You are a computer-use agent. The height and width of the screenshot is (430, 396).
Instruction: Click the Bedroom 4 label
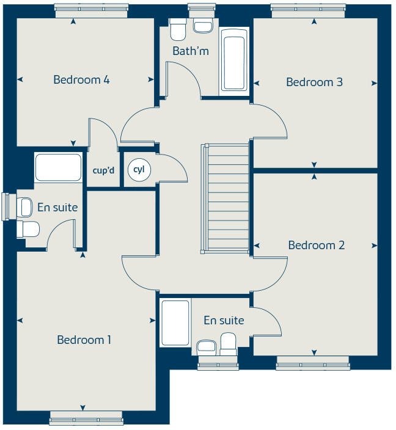(81, 79)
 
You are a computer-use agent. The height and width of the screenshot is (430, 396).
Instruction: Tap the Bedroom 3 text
(314, 82)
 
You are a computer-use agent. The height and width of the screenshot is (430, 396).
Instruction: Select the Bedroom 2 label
(316, 245)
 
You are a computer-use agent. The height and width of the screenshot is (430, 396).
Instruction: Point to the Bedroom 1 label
(84, 340)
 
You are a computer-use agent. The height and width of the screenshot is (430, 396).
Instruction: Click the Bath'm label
(190, 51)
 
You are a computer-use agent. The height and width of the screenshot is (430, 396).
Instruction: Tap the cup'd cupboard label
(103, 170)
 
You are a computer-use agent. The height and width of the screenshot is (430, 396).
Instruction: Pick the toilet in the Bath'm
(178, 29)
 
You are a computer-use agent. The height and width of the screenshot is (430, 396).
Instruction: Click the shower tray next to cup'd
(58, 167)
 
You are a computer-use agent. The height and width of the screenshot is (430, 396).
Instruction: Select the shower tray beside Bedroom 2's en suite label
(175, 322)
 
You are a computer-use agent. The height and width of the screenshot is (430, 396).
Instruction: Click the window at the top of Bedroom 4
(91, 8)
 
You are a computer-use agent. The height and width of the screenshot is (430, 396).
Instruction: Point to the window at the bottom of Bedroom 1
(86, 419)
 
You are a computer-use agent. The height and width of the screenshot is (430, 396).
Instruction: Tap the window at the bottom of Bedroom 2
(312, 366)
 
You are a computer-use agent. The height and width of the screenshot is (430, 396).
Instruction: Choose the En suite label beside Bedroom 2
(224, 321)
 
